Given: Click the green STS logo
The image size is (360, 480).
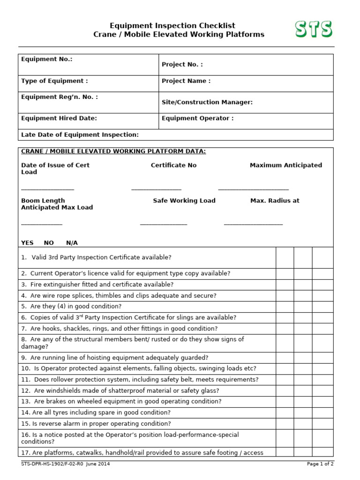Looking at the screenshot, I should point(314,29).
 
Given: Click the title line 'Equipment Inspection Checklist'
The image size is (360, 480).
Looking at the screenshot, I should point(172,26).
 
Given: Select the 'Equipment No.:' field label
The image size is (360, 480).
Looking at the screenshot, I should point(47,60).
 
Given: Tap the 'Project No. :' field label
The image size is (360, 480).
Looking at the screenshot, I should point(182,65).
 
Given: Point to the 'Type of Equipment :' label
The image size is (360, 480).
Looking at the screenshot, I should point(54,81).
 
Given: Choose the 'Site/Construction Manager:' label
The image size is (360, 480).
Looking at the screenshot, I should point(207,102).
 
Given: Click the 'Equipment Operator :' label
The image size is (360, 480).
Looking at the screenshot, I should point(197,119).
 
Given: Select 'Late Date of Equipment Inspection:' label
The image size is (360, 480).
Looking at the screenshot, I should point(80,135).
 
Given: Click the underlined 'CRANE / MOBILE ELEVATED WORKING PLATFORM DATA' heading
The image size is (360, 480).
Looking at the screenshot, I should point(113,151).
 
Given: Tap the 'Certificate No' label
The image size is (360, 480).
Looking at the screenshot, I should point(173,165).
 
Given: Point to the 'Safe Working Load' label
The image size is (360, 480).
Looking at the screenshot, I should point(184,201).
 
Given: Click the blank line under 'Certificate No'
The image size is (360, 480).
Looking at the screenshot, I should point(156,189).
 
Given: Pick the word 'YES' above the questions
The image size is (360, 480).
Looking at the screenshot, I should point(27,243).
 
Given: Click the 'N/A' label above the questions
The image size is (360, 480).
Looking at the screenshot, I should point(72,243).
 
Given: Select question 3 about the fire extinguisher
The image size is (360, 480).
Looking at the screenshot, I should point(97,285).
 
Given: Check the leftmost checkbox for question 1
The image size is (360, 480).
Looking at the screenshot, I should point(285,258).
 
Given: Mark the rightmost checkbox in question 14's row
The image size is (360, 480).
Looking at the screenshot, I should point(322,412).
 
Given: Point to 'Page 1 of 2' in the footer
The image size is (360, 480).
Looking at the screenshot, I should point(320,464).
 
